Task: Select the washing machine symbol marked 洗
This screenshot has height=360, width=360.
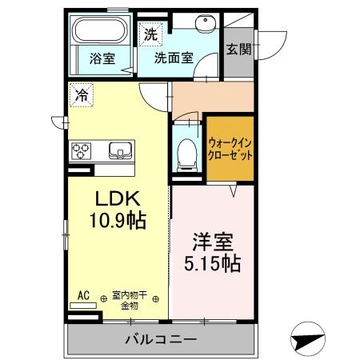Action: [x=150, y=34]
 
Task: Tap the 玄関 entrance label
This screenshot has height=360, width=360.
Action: [x=239, y=48]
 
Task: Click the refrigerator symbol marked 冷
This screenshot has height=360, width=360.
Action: [x=81, y=95]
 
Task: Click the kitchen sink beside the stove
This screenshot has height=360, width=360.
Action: [x=120, y=150]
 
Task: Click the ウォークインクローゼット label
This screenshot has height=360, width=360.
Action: [x=230, y=148]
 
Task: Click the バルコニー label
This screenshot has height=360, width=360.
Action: [x=161, y=340]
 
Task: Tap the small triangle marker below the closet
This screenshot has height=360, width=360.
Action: [x=233, y=190]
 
